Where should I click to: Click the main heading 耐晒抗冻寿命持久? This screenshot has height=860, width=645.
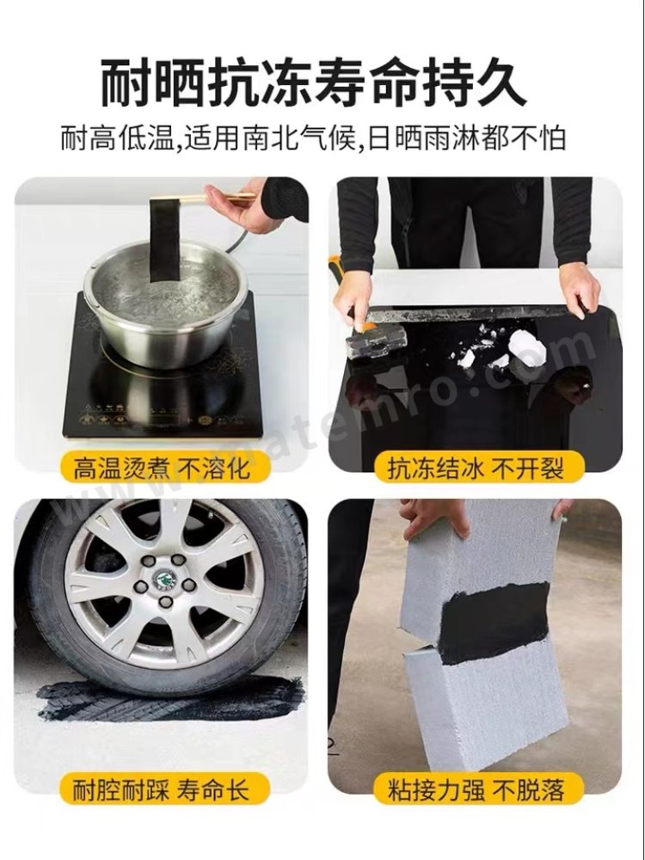(x=314, y=84)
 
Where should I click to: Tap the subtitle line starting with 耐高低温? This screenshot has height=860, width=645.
(x=313, y=138)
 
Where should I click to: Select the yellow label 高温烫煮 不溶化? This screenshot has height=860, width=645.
(x=162, y=469)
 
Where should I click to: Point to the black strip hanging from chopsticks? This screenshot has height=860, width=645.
(x=165, y=242)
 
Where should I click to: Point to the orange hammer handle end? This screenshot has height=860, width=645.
(x=335, y=263)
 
